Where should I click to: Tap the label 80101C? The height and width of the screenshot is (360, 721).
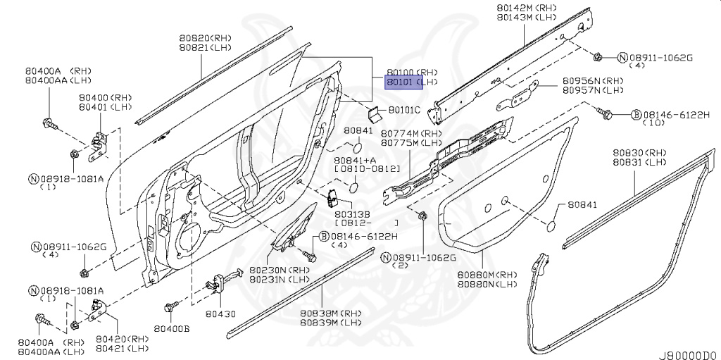tap(404, 110)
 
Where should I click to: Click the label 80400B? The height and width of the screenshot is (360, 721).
tap(172, 329)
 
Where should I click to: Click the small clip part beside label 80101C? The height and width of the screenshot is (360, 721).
tap(374, 111)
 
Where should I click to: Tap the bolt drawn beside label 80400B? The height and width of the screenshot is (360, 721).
tap(169, 307)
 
